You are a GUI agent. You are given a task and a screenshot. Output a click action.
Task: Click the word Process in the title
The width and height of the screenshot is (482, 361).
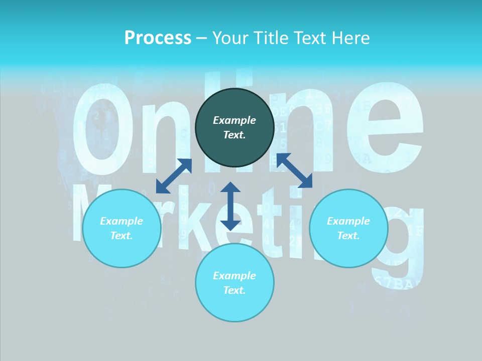click(x=158, y=38)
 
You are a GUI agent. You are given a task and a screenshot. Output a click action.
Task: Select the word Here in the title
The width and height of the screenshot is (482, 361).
click(x=350, y=38)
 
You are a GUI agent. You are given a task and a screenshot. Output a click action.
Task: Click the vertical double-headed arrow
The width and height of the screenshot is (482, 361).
click(x=230, y=206)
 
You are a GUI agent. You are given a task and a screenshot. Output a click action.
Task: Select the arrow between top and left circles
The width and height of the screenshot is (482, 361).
click(x=174, y=176)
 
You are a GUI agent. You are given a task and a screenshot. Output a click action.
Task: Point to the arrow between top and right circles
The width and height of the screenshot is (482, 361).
click(x=294, y=170)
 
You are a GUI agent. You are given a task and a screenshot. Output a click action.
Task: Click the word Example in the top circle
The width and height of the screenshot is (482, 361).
click(x=234, y=120)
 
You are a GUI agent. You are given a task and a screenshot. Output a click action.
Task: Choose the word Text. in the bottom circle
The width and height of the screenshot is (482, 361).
click(x=234, y=290)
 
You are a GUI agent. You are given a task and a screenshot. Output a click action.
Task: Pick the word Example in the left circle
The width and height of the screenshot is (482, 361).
click(x=122, y=221)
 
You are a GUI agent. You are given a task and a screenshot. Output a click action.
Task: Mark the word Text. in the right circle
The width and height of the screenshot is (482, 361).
click(x=348, y=236)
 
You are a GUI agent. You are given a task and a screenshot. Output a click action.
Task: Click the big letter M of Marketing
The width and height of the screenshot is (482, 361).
click(x=85, y=211)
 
